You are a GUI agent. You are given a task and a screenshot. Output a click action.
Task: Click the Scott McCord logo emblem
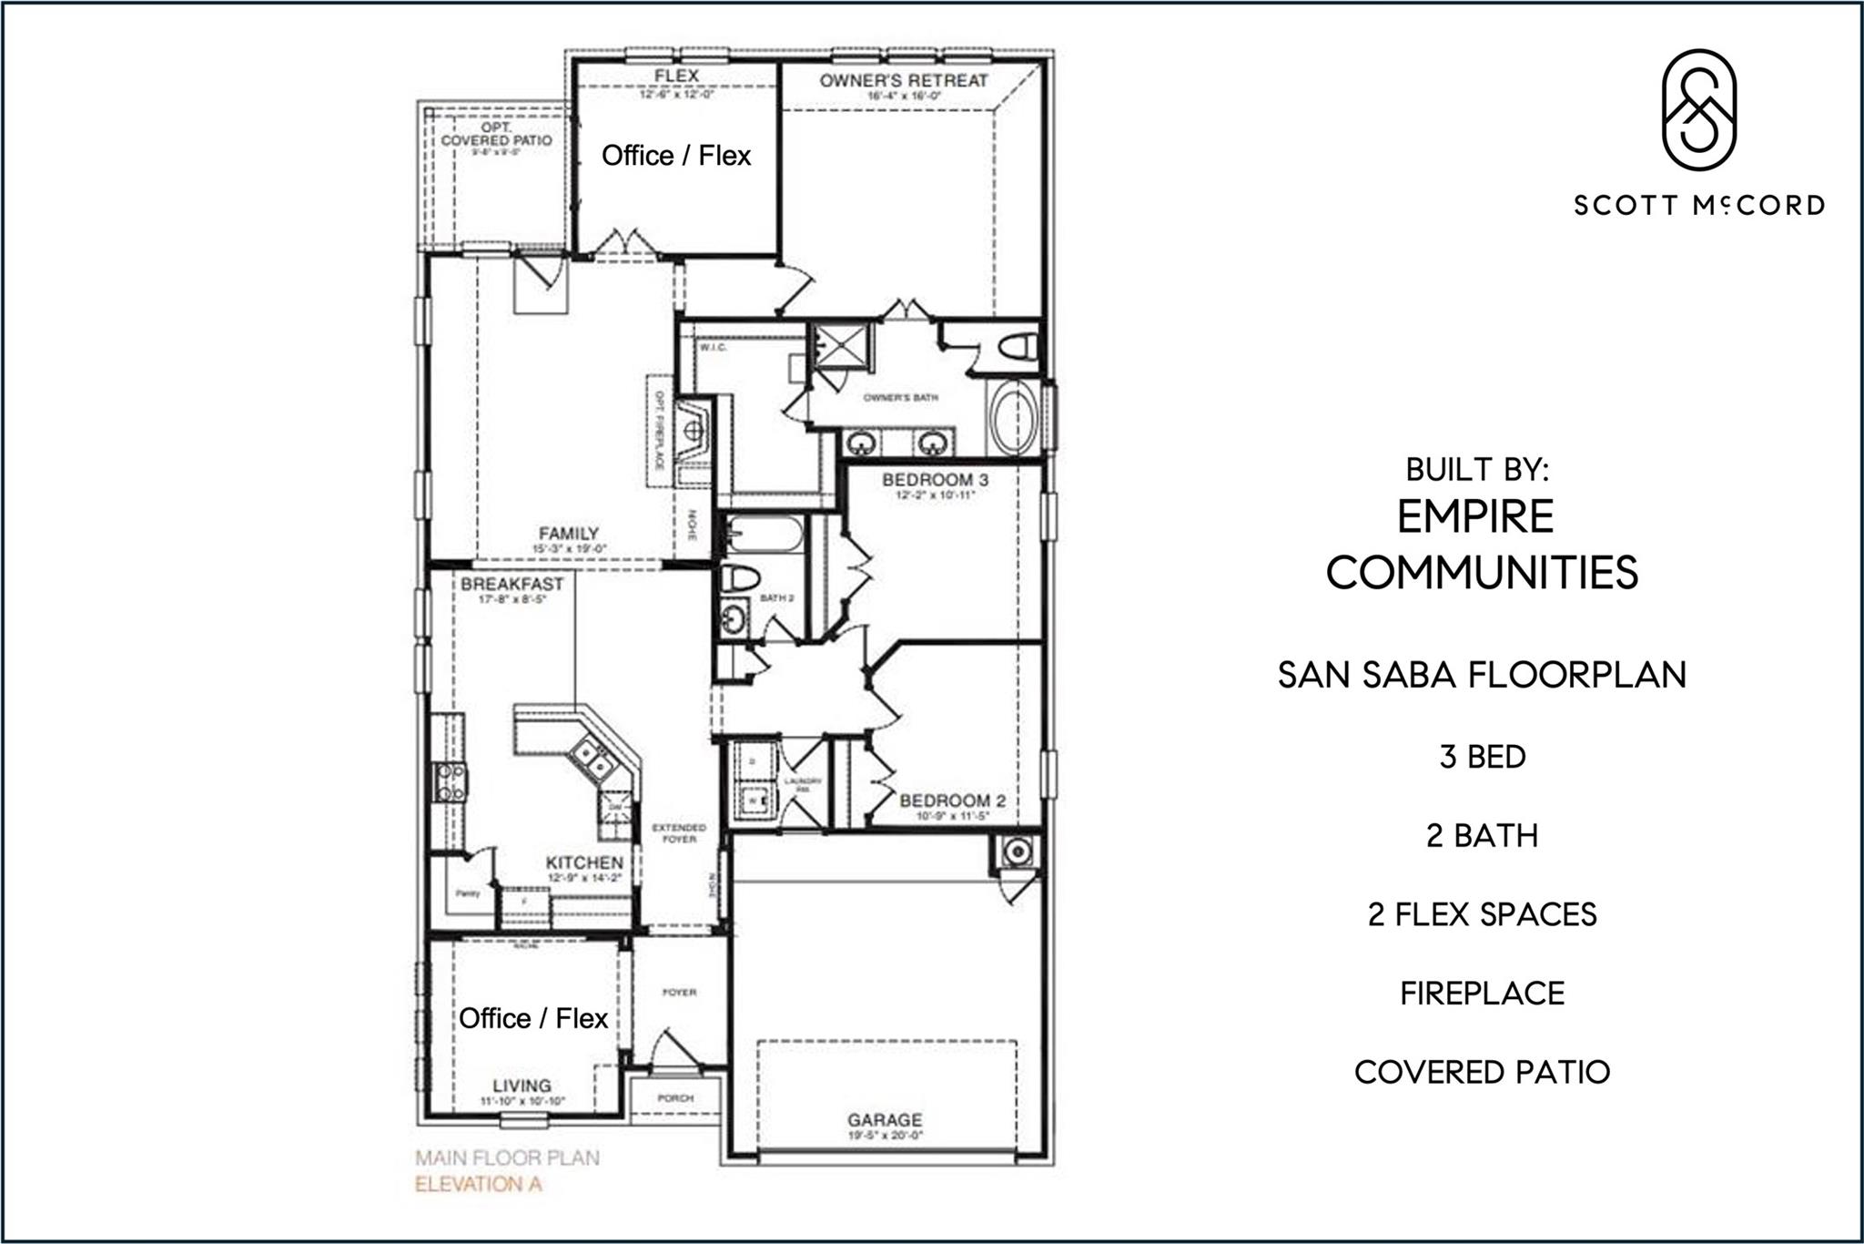pyautogui.click(x=1698, y=109)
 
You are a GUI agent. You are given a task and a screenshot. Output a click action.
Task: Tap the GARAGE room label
pyautogui.click(x=885, y=1120)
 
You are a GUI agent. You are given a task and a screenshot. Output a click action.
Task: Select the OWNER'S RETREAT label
pyautogui.click(x=903, y=80)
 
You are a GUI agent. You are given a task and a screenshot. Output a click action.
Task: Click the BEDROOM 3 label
pyautogui.click(x=935, y=480)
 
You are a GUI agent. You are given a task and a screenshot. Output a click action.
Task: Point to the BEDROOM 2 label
pyautogui.click(x=952, y=800)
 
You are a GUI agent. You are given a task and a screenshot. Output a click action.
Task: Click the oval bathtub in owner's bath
pyautogui.click(x=1014, y=420)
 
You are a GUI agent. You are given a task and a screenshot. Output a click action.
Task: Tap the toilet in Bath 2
pyautogui.click(x=740, y=577)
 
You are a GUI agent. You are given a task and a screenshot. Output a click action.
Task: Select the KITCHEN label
pyautogui.click(x=584, y=862)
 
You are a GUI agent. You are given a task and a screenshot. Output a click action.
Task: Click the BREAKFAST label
pyautogui.click(x=512, y=584)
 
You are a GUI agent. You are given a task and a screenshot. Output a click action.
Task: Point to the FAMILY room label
pyautogui.click(x=569, y=534)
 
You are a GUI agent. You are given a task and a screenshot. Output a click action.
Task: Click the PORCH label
pyautogui.click(x=675, y=1098)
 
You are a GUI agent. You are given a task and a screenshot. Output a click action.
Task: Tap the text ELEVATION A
pyautogui.click(x=478, y=1185)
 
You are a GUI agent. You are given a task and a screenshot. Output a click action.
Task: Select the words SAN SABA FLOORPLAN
pyautogui.click(x=1482, y=675)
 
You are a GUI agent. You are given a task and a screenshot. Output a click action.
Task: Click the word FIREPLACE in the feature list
pyautogui.click(x=1482, y=993)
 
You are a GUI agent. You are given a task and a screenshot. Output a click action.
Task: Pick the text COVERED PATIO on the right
pyautogui.click(x=1482, y=1072)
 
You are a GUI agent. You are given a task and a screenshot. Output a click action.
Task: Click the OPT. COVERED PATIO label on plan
pyautogui.click(x=496, y=135)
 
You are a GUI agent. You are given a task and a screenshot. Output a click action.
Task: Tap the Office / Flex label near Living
pyautogui.click(x=533, y=1018)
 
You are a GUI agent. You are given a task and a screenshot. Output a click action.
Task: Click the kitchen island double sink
pyautogui.click(x=591, y=759)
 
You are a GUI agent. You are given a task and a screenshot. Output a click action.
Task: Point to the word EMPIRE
pyautogui.click(x=1475, y=516)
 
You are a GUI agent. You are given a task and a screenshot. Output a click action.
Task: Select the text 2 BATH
pyautogui.click(x=1482, y=835)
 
